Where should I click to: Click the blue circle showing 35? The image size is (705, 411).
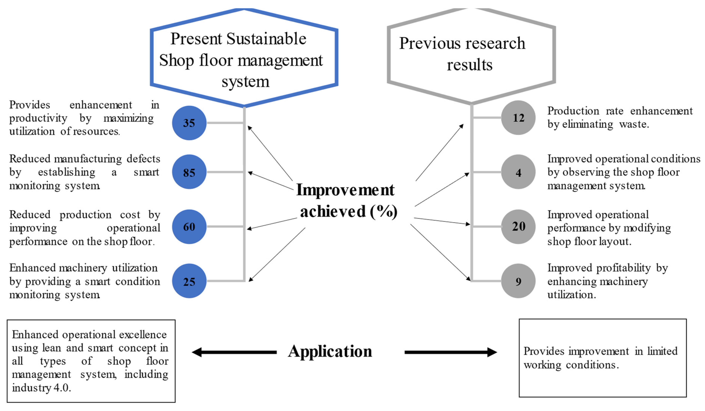point(189,123)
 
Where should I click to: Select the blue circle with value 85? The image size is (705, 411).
point(189,172)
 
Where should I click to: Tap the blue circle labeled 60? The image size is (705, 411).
point(189,227)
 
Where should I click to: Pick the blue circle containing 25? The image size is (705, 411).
point(189,281)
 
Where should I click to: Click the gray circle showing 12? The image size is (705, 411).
point(518,118)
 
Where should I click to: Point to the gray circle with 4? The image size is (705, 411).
point(518,172)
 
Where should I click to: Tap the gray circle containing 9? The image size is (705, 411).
point(518,281)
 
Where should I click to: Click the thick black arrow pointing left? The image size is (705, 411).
point(234,352)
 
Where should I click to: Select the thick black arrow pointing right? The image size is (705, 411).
point(450,352)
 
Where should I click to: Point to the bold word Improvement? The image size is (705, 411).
point(345,190)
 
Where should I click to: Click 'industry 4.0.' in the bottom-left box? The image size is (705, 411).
point(41,388)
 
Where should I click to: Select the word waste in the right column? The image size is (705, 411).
point(634,124)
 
